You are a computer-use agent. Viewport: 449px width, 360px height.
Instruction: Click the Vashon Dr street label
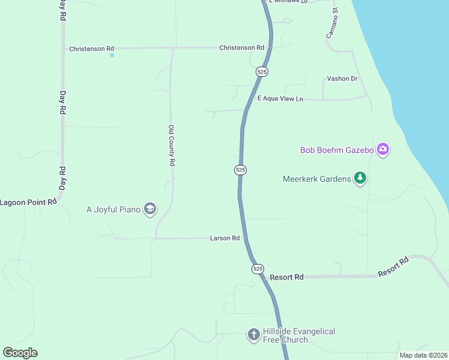coord(342,79)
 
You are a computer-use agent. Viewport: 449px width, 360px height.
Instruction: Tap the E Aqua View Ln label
coord(280,98)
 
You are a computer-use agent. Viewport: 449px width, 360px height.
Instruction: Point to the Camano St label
coord(332,23)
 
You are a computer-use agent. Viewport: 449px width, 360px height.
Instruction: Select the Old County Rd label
coord(172,145)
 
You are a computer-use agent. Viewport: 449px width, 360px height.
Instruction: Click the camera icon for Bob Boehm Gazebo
coord(383,149)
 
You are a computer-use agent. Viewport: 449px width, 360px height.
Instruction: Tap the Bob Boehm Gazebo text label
coord(337,150)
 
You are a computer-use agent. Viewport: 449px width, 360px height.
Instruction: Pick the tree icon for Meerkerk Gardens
coord(360,178)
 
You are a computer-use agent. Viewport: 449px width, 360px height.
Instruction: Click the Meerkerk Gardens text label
coord(317,179)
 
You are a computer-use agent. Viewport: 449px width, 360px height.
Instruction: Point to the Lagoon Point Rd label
coord(28,202)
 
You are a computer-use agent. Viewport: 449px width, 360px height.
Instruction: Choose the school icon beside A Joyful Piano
coord(150,209)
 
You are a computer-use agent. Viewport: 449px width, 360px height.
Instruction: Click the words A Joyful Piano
coord(113,209)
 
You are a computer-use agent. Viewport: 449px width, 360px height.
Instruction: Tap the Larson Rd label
coord(225,238)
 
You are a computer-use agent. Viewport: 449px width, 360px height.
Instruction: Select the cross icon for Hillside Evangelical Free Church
coord(253,334)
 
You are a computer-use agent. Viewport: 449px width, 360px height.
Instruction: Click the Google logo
coord(20,353)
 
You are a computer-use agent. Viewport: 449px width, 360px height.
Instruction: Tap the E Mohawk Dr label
coord(288,2)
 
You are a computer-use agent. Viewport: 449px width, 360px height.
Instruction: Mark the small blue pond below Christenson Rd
coord(112,56)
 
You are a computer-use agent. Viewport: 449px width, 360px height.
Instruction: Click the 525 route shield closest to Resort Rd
coord(258,269)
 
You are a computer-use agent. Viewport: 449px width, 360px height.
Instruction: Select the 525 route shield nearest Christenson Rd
coord(262,71)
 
